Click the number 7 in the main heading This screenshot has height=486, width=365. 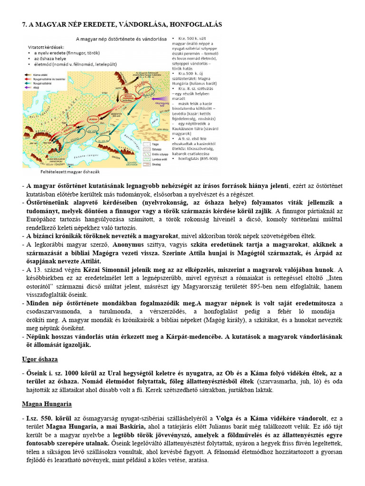click(24, 24)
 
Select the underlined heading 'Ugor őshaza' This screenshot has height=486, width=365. click(40, 359)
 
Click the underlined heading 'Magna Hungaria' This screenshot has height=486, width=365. click(47, 404)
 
